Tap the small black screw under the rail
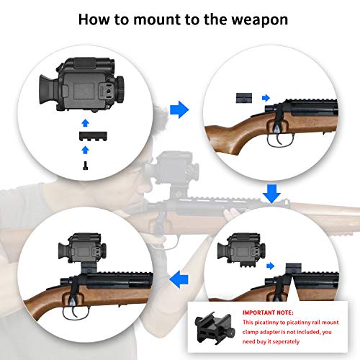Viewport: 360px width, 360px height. tap(86, 165)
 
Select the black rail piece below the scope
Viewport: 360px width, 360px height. tap(86, 135)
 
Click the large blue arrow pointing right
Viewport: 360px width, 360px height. tap(179, 109)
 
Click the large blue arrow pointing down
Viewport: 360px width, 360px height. tap(271, 193)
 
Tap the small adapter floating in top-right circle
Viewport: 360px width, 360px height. tap(245, 96)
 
